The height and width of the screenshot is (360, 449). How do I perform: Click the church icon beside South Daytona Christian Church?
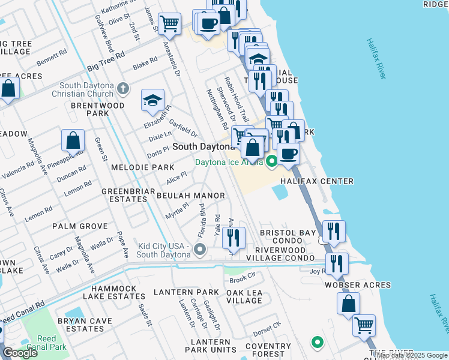[123, 89]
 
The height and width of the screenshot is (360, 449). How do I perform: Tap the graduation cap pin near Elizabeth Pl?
[152, 100]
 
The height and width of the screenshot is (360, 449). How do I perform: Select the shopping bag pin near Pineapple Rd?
[72, 141]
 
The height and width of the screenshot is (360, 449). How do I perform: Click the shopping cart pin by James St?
[170, 24]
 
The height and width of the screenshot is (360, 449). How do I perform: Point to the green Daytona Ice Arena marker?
[271, 161]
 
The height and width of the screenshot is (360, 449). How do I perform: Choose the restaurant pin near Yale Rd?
[234, 238]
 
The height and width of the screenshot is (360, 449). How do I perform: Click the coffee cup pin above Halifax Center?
[288, 152]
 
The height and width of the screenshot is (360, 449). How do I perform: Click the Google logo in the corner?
[20, 353]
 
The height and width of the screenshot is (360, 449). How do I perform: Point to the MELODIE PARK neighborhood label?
[143, 167]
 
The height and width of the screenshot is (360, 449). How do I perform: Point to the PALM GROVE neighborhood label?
[80, 226]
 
